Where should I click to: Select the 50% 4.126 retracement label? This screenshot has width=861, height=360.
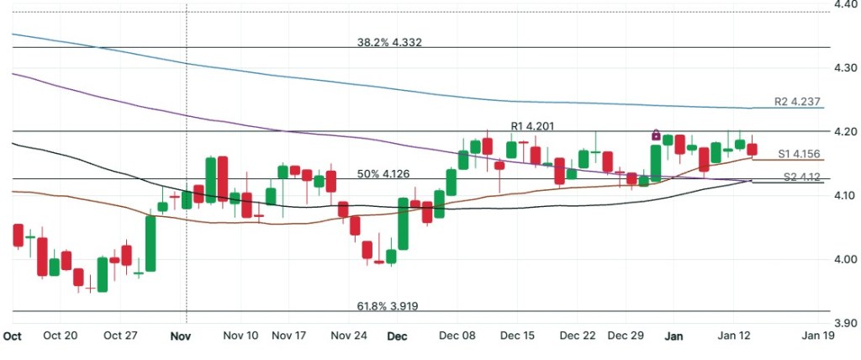[383, 174]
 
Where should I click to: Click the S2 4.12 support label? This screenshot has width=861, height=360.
[801, 177]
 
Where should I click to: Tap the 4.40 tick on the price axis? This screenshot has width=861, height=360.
[844, 5]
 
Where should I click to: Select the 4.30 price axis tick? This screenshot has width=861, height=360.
[844, 67]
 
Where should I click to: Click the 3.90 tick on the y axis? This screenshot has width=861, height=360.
[844, 323]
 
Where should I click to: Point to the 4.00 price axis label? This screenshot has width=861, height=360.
[844, 259]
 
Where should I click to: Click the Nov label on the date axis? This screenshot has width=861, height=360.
[183, 335]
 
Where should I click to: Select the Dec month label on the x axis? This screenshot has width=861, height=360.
[398, 335]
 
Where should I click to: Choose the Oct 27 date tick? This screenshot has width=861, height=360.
[120, 335]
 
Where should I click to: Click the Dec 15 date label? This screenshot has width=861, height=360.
[517, 335]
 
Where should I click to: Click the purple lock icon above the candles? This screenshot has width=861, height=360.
[656, 135]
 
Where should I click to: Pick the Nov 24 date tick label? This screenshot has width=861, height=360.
[349, 335]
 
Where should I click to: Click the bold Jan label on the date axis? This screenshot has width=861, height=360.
[673, 335]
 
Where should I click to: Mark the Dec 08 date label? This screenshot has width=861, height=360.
[457, 335]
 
